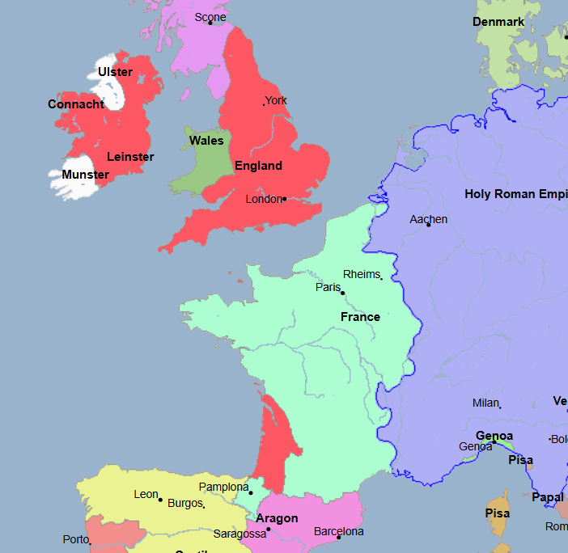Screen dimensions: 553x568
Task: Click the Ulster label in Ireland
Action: tap(115, 72)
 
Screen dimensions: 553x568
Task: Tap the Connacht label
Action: tap(76, 104)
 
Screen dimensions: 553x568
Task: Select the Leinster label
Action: tap(130, 157)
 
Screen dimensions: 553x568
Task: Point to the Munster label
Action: tap(85, 175)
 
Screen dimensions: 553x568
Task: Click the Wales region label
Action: tap(206, 141)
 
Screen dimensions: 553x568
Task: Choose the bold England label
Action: tap(258, 166)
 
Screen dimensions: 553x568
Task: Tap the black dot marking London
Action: tap(285, 199)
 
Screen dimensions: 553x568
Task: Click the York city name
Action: tap(277, 101)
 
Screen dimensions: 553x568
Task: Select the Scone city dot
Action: tap(210, 23)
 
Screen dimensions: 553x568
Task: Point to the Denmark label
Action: tap(498, 22)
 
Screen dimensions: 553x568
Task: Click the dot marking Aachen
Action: tap(429, 225)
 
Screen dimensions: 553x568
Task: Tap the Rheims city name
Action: tap(361, 274)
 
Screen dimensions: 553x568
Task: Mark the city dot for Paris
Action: tap(343, 293)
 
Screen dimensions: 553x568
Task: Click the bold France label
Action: tap(360, 317)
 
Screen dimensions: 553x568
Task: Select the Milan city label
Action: tap(485, 403)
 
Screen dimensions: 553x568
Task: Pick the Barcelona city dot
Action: tap(339, 537)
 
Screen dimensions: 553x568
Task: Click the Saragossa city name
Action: tap(239, 534)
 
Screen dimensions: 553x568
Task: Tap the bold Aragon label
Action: tap(277, 518)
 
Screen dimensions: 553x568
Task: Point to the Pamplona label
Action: tap(223, 487)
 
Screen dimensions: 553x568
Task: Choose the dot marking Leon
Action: tap(160, 500)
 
